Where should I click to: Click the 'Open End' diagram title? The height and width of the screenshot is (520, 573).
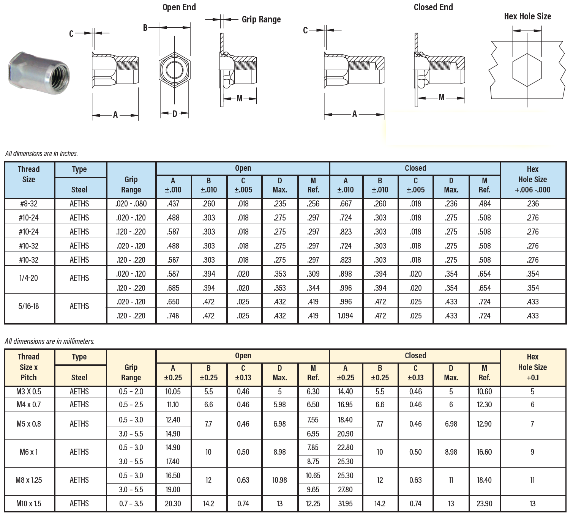click(x=179, y=7)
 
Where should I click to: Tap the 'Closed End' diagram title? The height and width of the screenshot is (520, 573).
click(x=433, y=7)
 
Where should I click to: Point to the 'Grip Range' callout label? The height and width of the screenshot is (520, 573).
click(x=261, y=19)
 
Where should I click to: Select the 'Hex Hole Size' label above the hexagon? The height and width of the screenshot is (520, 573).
click(x=527, y=16)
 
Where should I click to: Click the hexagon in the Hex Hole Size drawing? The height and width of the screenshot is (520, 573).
click(x=527, y=70)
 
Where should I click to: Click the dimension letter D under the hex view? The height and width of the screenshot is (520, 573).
click(x=175, y=113)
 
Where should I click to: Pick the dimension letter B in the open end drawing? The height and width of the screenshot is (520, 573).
click(x=145, y=28)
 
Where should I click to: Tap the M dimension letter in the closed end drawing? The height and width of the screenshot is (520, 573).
click(x=441, y=98)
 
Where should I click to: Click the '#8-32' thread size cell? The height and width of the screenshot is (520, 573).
click(x=29, y=204)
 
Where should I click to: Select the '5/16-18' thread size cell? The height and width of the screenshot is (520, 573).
click(x=29, y=306)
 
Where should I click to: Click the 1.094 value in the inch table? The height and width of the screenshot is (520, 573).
click(x=346, y=316)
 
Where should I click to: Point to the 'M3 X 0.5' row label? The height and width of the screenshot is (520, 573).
click(x=29, y=392)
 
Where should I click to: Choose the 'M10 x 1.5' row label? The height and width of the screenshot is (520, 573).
click(x=29, y=504)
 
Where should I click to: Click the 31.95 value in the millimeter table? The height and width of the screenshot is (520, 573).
click(x=345, y=504)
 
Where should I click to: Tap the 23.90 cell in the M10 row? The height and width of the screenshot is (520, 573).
click(x=485, y=504)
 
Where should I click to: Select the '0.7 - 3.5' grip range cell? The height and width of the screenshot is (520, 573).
click(x=131, y=504)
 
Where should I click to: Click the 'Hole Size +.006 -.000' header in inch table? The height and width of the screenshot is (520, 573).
click(x=532, y=184)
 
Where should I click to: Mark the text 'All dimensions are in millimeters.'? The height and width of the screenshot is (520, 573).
click(x=50, y=341)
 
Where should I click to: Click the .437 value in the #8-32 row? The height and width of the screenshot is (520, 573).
click(x=173, y=204)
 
